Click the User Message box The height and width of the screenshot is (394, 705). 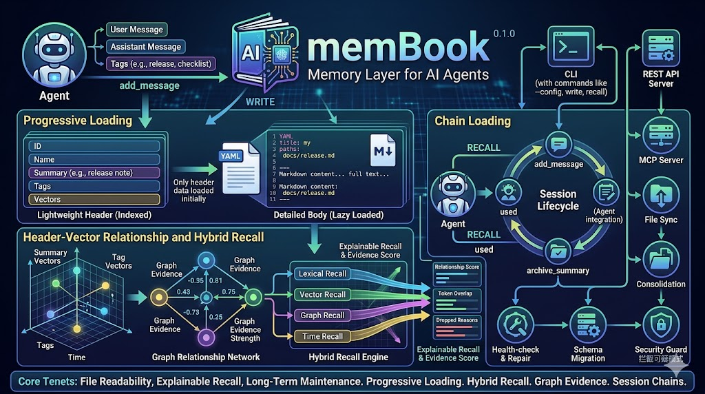coord(136,30)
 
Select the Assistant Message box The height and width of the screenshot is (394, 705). coord(145,47)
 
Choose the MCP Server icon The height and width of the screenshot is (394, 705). coord(661,135)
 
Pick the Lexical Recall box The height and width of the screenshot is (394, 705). coord(322,273)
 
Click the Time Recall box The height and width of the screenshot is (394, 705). coord(322,336)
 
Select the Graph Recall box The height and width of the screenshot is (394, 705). coord(322,315)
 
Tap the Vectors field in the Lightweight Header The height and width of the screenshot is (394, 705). coord(94,200)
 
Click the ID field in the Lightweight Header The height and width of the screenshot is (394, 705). coord(94,146)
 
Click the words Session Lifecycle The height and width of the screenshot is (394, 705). coord(558,200)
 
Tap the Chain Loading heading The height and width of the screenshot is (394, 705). coord(472,121)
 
